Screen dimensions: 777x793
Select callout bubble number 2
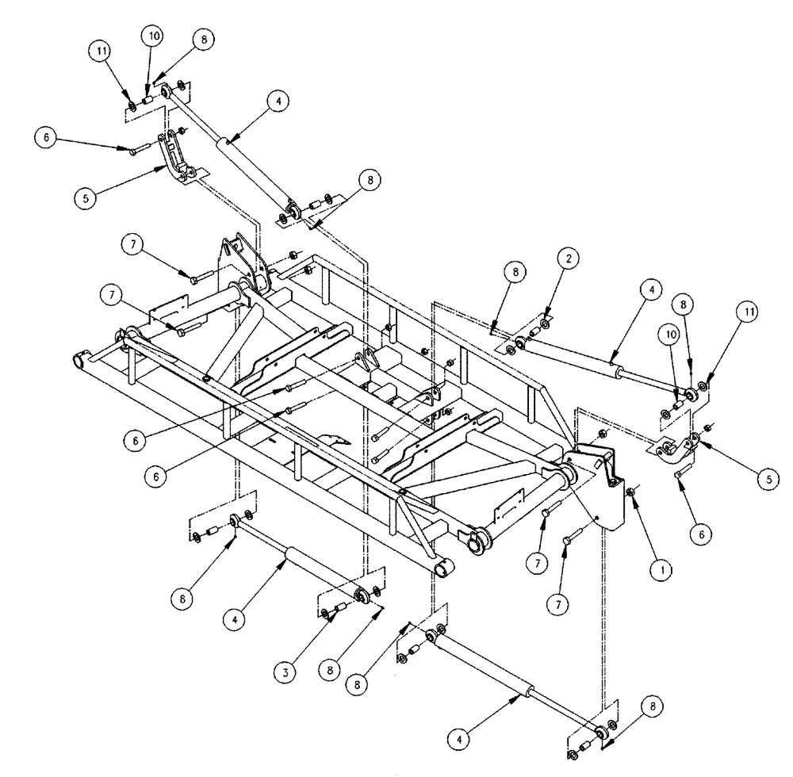pos(566,258)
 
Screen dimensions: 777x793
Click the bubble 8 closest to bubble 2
pos(515,272)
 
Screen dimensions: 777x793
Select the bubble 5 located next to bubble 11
pos(767,478)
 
